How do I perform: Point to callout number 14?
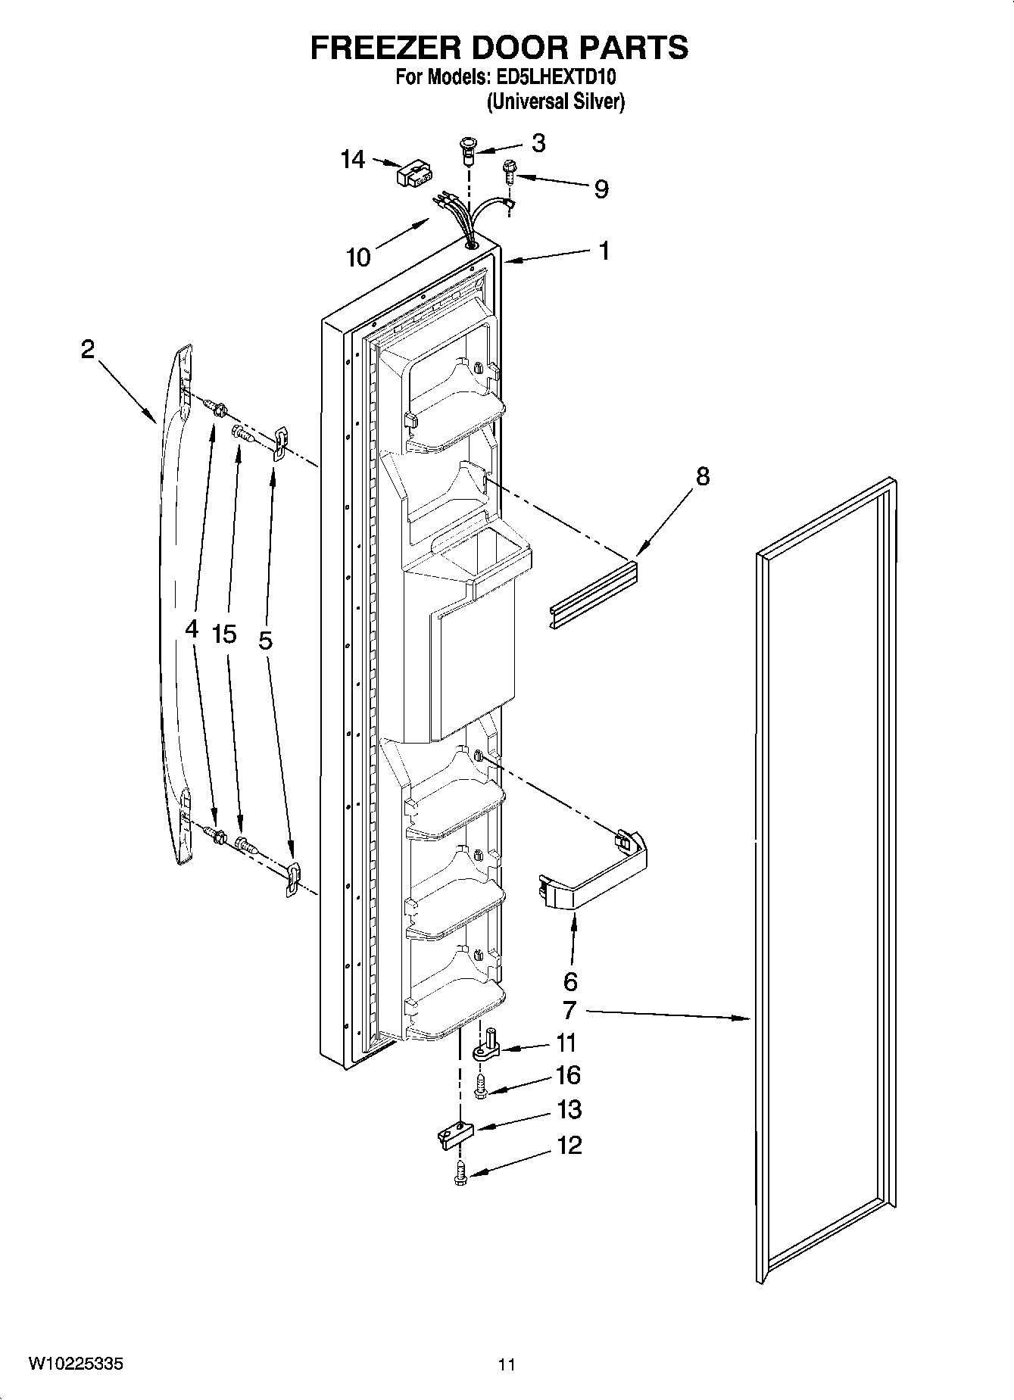coord(353,160)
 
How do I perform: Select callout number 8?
coord(703,476)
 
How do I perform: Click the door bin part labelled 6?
coord(597,871)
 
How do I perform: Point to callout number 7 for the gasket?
coord(569,1010)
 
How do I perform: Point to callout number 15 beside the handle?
coord(225,634)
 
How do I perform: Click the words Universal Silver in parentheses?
coord(555,101)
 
